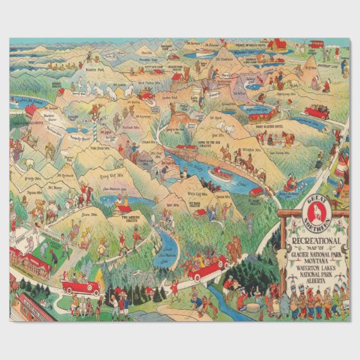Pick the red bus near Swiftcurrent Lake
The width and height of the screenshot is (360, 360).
point(316,112)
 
